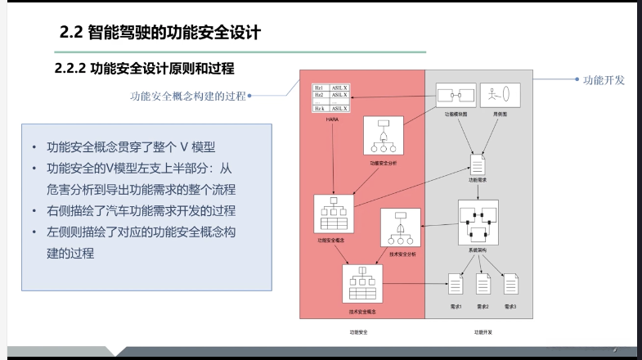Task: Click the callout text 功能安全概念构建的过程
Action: tap(188, 96)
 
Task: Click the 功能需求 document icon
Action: tap(477, 163)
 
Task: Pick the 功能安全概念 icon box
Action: tap(333, 214)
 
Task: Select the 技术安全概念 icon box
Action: tap(361, 285)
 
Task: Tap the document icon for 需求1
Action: tap(456, 285)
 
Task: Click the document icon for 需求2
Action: tap(483, 285)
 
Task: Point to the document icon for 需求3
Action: tap(511, 285)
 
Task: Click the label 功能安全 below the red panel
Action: tap(361, 333)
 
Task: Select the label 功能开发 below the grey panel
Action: tap(483, 333)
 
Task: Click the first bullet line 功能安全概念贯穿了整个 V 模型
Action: tap(130, 147)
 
